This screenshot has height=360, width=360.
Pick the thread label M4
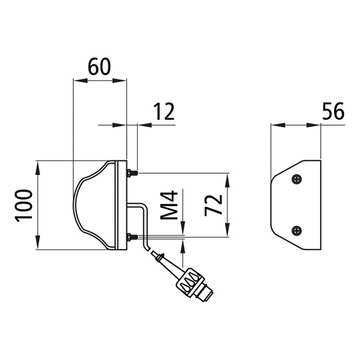point(170,206)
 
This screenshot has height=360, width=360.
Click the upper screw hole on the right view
point(297,178)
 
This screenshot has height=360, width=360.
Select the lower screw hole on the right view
point(297,230)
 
